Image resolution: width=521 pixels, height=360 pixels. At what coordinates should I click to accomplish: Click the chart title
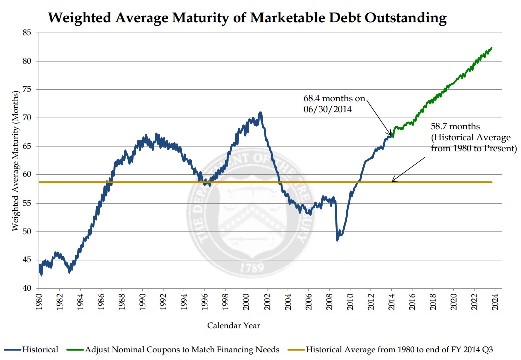pos(247,18)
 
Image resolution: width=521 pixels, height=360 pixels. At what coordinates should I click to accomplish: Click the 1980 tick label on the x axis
pos(39,303)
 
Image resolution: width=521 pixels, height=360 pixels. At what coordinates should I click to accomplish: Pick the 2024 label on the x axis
pos(495,303)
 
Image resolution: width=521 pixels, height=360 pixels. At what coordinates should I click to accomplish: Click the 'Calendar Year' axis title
pos(234,326)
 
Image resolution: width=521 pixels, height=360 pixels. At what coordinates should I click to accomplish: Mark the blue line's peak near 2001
pos(260,112)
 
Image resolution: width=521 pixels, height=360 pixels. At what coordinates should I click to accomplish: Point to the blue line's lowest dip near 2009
pos(337,240)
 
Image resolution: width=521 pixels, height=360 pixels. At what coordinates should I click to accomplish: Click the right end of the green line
pos(492,48)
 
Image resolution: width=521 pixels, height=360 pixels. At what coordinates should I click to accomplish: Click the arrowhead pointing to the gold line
pos(393,181)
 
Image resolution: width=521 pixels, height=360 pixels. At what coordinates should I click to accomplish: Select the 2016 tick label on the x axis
pos(412,303)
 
